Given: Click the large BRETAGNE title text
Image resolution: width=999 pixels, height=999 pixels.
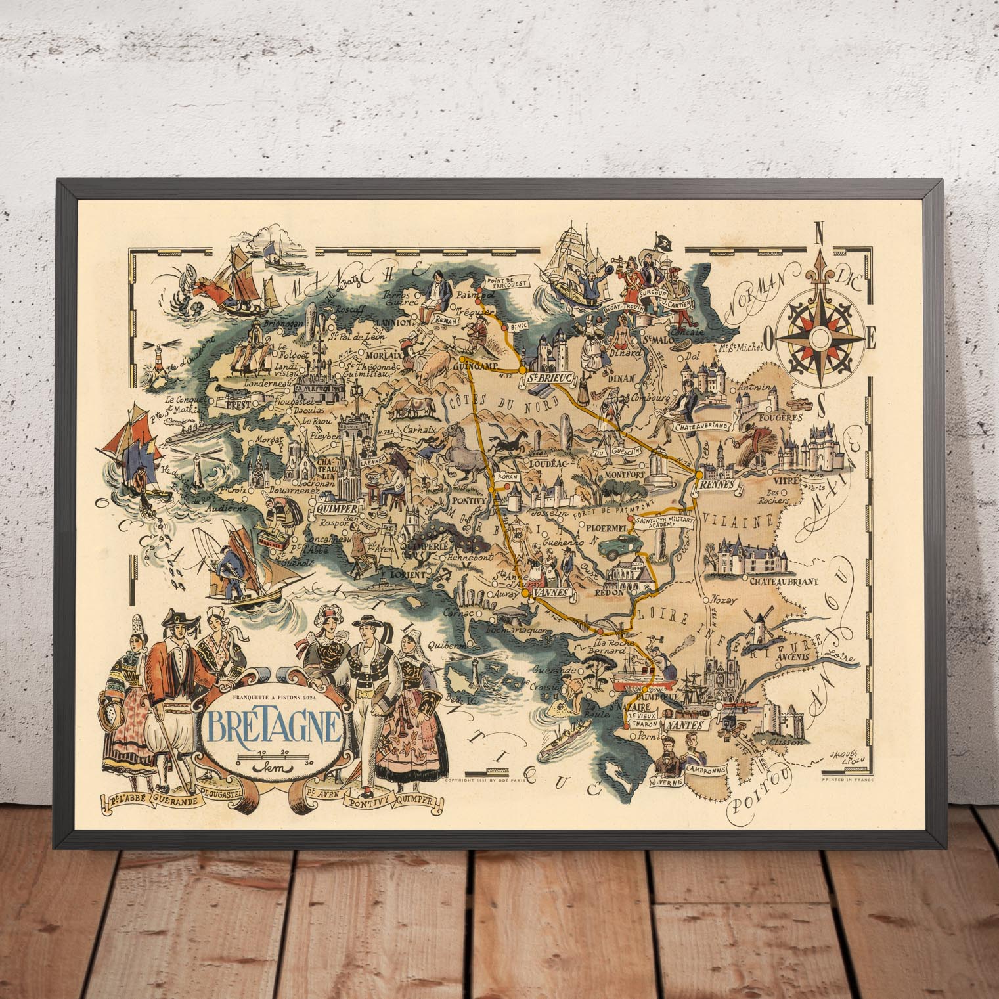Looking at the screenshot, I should [274, 724].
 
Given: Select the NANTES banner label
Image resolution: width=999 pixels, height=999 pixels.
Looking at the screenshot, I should [684, 726].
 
